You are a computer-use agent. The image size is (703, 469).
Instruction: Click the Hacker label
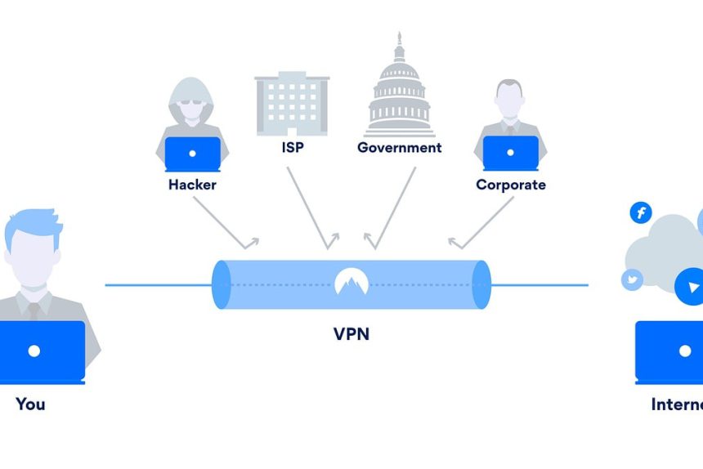pyautogui.click(x=192, y=185)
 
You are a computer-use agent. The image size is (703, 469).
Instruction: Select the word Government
pyautogui.click(x=399, y=148)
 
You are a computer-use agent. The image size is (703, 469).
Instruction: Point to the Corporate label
pyautogui.click(x=511, y=185)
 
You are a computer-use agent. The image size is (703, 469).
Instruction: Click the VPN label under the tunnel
pyautogui.click(x=351, y=333)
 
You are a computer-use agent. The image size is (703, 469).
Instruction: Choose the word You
pyautogui.click(x=30, y=404)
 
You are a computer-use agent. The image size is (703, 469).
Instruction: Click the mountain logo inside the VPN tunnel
pyautogui.click(x=351, y=283)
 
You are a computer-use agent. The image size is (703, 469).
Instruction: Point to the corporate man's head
pyautogui.click(x=510, y=100)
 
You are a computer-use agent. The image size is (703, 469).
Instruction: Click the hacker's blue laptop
pyautogui.click(x=192, y=154)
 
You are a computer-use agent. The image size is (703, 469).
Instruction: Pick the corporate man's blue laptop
pyautogui.click(x=511, y=154)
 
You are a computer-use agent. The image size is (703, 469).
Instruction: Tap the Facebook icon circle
pyautogui.click(x=641, y=213)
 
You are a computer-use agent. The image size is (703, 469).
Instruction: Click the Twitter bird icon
pyautogui.click(x=632, y=279)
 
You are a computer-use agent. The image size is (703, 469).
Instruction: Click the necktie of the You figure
pyautogui.click(x=33, y=310)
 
